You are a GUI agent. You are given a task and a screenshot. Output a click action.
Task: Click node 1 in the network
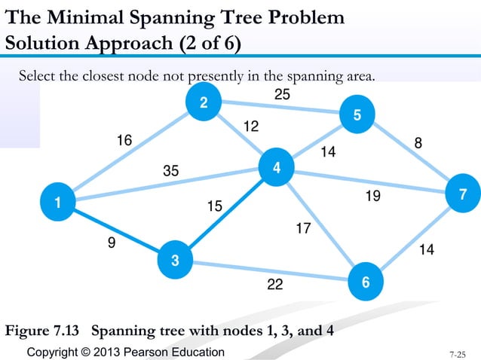coord(56,202)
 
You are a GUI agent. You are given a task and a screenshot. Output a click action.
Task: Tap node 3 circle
coord(174,261)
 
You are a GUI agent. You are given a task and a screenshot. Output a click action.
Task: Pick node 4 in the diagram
coord(277,169)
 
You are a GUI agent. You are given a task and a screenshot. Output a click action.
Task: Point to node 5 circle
coord(357,114)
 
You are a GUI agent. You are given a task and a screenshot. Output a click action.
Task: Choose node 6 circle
coord(365,282)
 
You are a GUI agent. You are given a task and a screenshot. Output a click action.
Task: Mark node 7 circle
coord(463,194)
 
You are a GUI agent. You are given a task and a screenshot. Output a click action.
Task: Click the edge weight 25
coord(282,95)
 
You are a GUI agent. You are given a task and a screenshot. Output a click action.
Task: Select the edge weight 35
coord(171,171)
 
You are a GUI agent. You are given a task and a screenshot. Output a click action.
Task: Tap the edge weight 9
coord(112,243)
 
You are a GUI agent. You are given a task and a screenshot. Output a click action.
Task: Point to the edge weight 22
coord(276,285)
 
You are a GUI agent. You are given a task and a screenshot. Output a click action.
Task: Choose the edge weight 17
coord(303,227)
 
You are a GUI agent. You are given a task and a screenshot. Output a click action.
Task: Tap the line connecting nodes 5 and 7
coord(411,155)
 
